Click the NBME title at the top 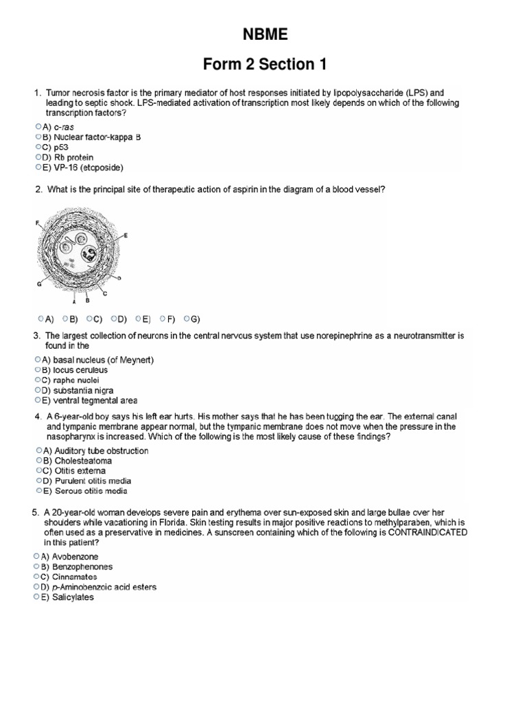pyautogui.click(x=264, y=35)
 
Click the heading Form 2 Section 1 pyautogui.click(x=264, y=65)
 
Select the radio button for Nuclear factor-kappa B pyautogui.click(x=37, y=137)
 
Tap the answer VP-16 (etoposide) pyautogui.click(x=82, y=167)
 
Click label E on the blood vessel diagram pyautogui.click(x=126, y=235)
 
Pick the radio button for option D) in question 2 pyautogui.click(x=113, y=319)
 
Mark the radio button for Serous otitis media pyautogui.click(x=37, y=491)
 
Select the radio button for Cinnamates pyautogui.click(x=37, y=577)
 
